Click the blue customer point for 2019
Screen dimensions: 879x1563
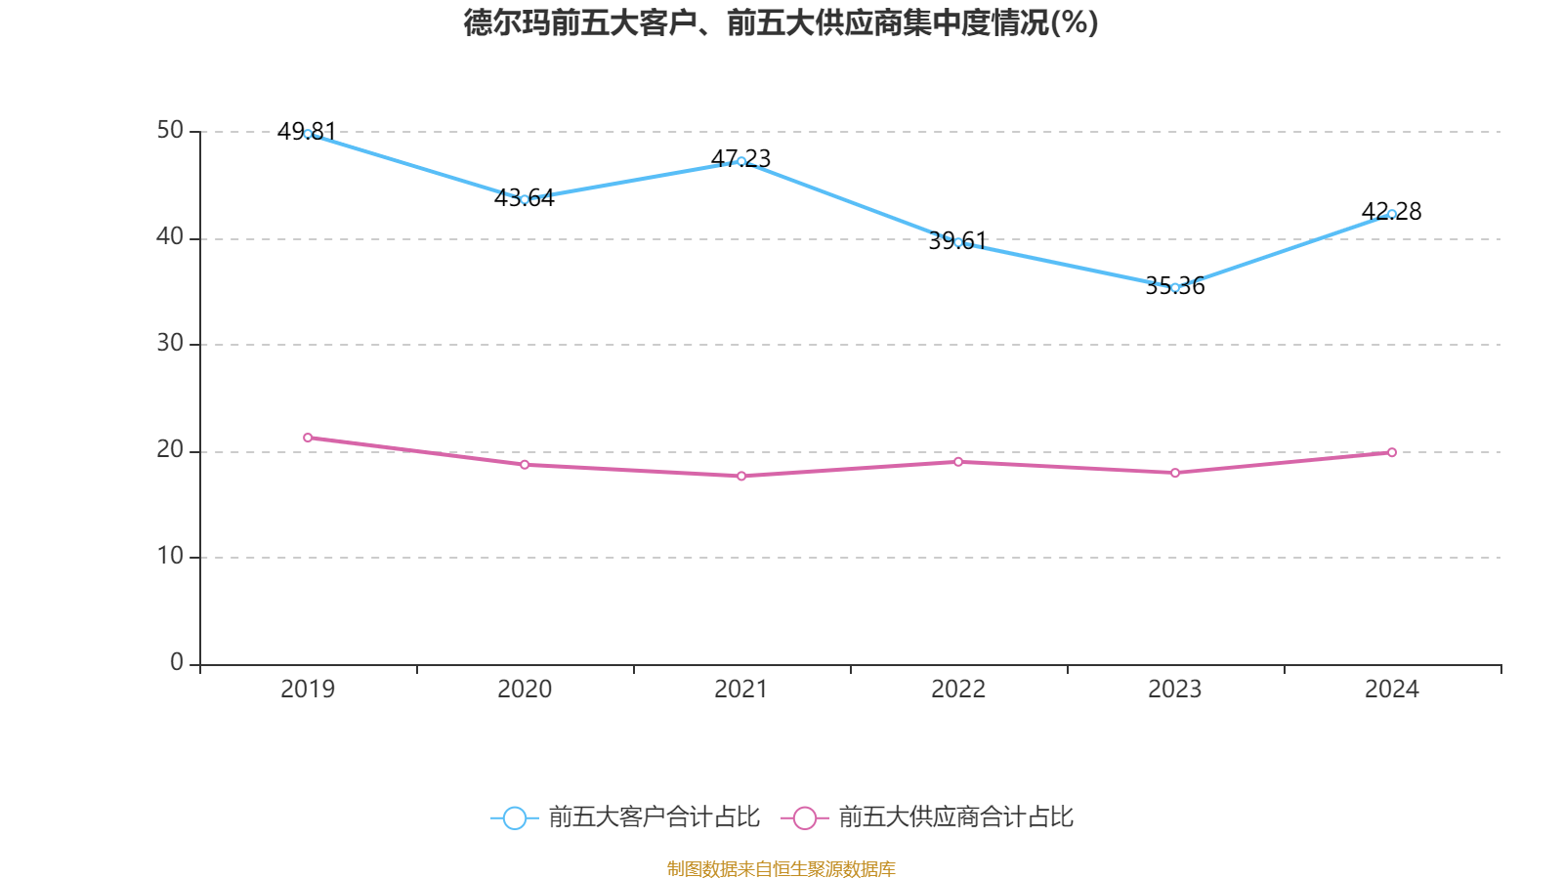(x=308, y=134)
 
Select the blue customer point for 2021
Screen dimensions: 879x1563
(x=741, y=161)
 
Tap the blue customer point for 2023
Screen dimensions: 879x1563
(x=1175, y=287)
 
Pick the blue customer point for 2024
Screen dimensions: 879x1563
(x=1392, y=214)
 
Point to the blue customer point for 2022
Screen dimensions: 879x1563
(x=958, y=242)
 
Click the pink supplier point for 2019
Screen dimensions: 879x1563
(x=308, y=438)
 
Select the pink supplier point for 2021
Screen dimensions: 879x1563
(x=741, y=476)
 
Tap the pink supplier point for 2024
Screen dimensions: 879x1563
(x=1392, y=452)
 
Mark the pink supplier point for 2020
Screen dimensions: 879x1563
(x=525, y=464)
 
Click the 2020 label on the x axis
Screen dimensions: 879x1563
(x=525, y=690)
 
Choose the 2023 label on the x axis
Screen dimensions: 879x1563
(x=1175, y=690)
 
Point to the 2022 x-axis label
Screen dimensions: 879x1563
(x=958, y=690)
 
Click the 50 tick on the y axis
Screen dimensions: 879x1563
(x=170, y=131)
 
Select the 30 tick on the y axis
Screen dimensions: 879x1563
(x=170, y=344)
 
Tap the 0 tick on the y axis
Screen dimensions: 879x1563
(x=177, y=663)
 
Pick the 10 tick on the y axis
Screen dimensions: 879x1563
(x=170, y=557)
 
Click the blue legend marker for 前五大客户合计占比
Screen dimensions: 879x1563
(x=514, y=817)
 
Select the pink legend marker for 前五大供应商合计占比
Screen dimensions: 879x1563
(x=805, y=817)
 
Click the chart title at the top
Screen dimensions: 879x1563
(x=781, y=22)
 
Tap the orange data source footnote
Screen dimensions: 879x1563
(x=781, y=868)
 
